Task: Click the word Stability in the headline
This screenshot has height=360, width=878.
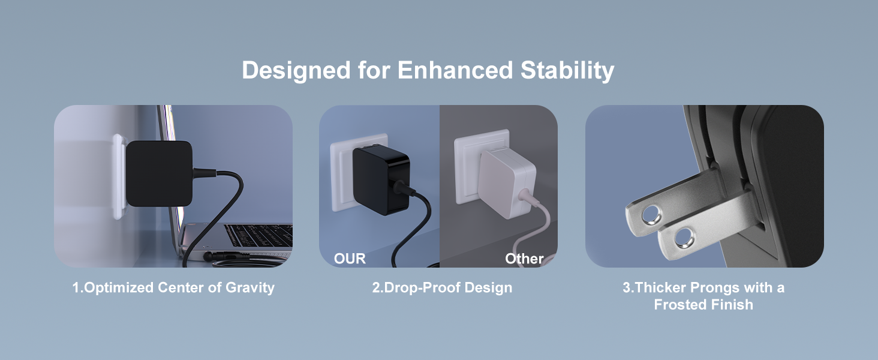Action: [x=567, y=70]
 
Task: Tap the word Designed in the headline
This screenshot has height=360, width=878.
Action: [x=296, y=70]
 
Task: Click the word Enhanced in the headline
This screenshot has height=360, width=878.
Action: [x=455, y=70]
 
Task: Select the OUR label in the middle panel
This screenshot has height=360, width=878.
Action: [x=350, y=259]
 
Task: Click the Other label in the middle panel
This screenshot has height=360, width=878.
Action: [x=524, y=259]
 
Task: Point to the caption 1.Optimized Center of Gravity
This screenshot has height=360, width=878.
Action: [x=173, y=287]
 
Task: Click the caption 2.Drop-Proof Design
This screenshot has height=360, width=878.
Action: [x=442, y=287]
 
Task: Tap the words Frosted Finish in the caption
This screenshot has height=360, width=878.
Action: [x=703, y=305]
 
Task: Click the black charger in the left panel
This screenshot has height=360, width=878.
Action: [x=160, y=173]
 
